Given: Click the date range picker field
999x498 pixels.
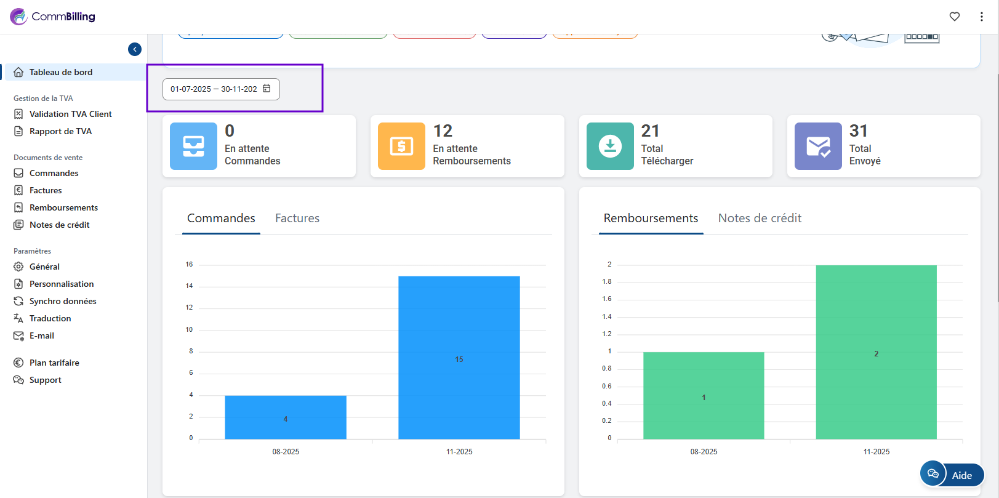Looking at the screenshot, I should point(220,89).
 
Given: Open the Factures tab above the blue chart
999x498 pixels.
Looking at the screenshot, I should point(297,219).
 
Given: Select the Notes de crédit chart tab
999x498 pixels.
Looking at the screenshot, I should point(760,219).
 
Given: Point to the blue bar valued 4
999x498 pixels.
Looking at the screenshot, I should point(286,417).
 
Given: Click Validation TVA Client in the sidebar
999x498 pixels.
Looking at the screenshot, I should point(70,114).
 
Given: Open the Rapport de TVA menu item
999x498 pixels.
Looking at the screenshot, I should point(60,131).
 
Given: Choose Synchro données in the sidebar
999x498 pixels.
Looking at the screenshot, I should point(63,301).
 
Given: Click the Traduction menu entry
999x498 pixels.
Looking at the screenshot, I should point(50,318).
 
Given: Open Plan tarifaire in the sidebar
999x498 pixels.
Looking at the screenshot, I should point(54,363).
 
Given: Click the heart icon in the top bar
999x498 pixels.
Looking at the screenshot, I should point(955,17).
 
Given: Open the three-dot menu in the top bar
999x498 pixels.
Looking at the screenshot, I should point(982,17).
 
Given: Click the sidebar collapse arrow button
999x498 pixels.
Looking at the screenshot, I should point(135,49).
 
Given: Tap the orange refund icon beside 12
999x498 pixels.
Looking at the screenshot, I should point(401,146).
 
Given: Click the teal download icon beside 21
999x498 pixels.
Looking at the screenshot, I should point(610,146).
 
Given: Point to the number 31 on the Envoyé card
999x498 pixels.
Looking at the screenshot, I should point(859,131).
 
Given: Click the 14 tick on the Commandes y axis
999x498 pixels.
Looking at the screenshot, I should point(189,286).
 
